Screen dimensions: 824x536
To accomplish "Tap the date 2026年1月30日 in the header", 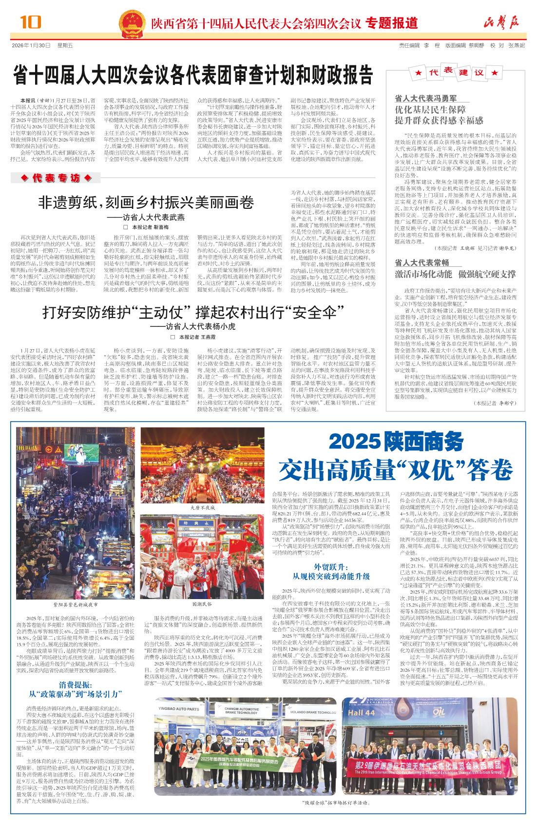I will coord(31,45).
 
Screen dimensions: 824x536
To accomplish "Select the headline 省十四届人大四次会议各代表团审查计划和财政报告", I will coord(193,76).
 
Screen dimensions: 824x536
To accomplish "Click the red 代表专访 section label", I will coord(57,179).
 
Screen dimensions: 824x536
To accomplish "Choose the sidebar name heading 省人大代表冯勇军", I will coord(426,98).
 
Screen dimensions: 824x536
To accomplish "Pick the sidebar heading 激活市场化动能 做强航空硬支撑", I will coord(455,273).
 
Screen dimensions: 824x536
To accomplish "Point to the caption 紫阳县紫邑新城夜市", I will coord(69,604).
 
